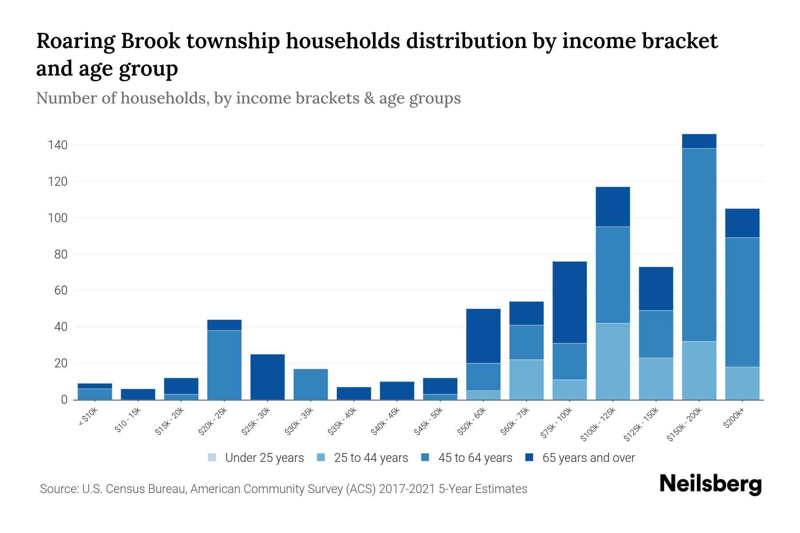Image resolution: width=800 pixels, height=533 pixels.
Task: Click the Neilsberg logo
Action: pos(711,484)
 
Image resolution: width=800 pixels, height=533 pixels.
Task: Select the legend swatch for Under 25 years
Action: pos(212,457)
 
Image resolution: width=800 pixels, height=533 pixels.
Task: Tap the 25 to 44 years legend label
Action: pos(371,458)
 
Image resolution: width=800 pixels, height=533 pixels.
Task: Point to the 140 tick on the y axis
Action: pos(58,145)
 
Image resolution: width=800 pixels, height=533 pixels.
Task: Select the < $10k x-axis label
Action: pos(87,418)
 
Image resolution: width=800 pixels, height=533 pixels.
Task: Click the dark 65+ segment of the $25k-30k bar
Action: pos(268,377)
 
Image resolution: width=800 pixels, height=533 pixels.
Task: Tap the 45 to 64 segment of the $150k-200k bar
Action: pos(699,244)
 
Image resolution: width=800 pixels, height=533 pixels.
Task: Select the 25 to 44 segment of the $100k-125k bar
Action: pos(613,362)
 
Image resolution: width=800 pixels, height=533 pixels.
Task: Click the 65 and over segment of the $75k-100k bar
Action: pos(570,302)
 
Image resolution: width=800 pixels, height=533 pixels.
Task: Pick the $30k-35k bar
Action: pos(311,384)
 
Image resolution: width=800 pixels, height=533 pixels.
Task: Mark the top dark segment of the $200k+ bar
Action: pos(742,223)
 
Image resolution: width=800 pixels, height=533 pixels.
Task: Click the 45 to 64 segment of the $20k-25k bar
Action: pos(224,365)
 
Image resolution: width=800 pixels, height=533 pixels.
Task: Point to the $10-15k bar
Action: pos(138,394)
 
